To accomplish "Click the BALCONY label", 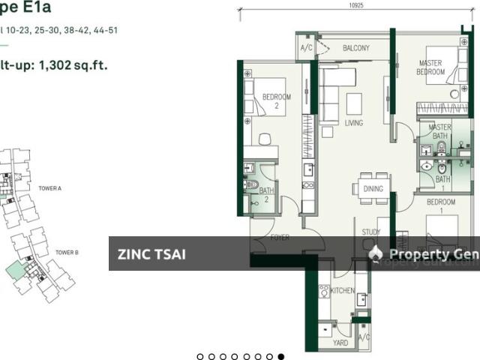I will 356,48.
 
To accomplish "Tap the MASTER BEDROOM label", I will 431,67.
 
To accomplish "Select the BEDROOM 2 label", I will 276,102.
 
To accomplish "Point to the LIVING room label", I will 353,123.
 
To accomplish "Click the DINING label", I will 373,189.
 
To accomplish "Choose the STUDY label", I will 371,232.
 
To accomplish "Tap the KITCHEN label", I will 343,290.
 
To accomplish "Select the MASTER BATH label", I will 440,132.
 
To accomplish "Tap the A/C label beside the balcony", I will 306,48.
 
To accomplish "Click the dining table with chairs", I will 373,188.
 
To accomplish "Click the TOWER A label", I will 49,190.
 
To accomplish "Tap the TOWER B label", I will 66,253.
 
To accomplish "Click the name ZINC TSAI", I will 151,254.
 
